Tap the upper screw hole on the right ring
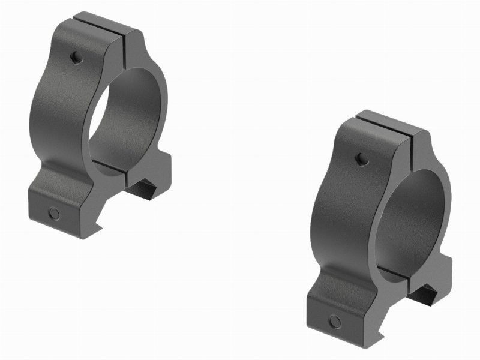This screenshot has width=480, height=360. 361,159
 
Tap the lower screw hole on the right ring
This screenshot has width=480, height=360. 335,322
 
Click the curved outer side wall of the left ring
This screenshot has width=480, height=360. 60,108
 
